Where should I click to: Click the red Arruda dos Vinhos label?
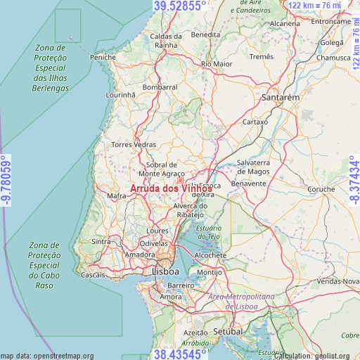(172, 188)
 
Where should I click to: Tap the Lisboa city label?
(165, 271)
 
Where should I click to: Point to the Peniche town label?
(103, 57)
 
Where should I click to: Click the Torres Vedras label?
(134, 145)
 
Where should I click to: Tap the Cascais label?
(94, 275)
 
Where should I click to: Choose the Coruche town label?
(322, 189)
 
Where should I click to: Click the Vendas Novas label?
(338, 281)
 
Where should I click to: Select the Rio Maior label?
(217, 64)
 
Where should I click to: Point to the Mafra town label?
(117, 196)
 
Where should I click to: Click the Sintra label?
(101, 241)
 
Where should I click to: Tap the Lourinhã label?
(120, 94)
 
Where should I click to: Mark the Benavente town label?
(251, 183)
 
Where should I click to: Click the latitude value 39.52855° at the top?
(180, 6)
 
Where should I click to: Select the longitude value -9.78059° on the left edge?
(6, 181)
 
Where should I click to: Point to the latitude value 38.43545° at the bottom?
(180, 354)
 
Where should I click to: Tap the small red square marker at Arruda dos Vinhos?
(180, 180)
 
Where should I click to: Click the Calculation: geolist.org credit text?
(316, 356)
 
